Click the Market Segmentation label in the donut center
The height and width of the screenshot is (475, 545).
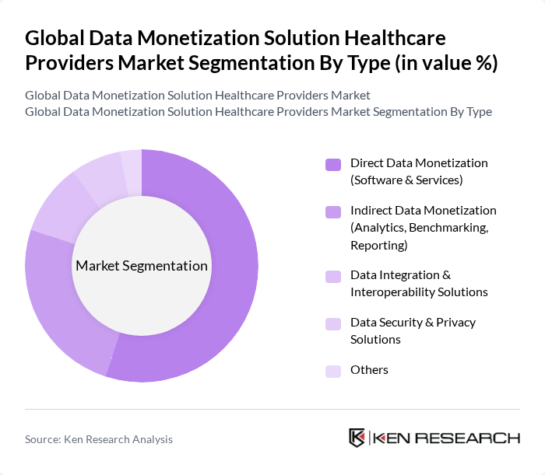coord(142,266)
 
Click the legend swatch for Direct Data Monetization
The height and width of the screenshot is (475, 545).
coord(333,164)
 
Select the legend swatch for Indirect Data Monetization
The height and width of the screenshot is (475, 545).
coord(333,211)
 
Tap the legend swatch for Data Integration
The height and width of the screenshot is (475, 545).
coord(333,276)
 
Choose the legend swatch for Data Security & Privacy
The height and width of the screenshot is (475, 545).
coord(333,323)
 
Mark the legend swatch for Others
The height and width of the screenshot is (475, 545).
coord(333,371)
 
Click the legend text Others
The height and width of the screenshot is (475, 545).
coord(369,370)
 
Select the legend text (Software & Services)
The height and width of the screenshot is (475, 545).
coord(406,180)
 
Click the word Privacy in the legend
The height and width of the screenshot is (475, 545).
coord(459,323)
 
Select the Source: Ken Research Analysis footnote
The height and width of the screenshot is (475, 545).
coord(99,439)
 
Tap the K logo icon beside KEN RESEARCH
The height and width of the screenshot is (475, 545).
coord(357,438)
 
